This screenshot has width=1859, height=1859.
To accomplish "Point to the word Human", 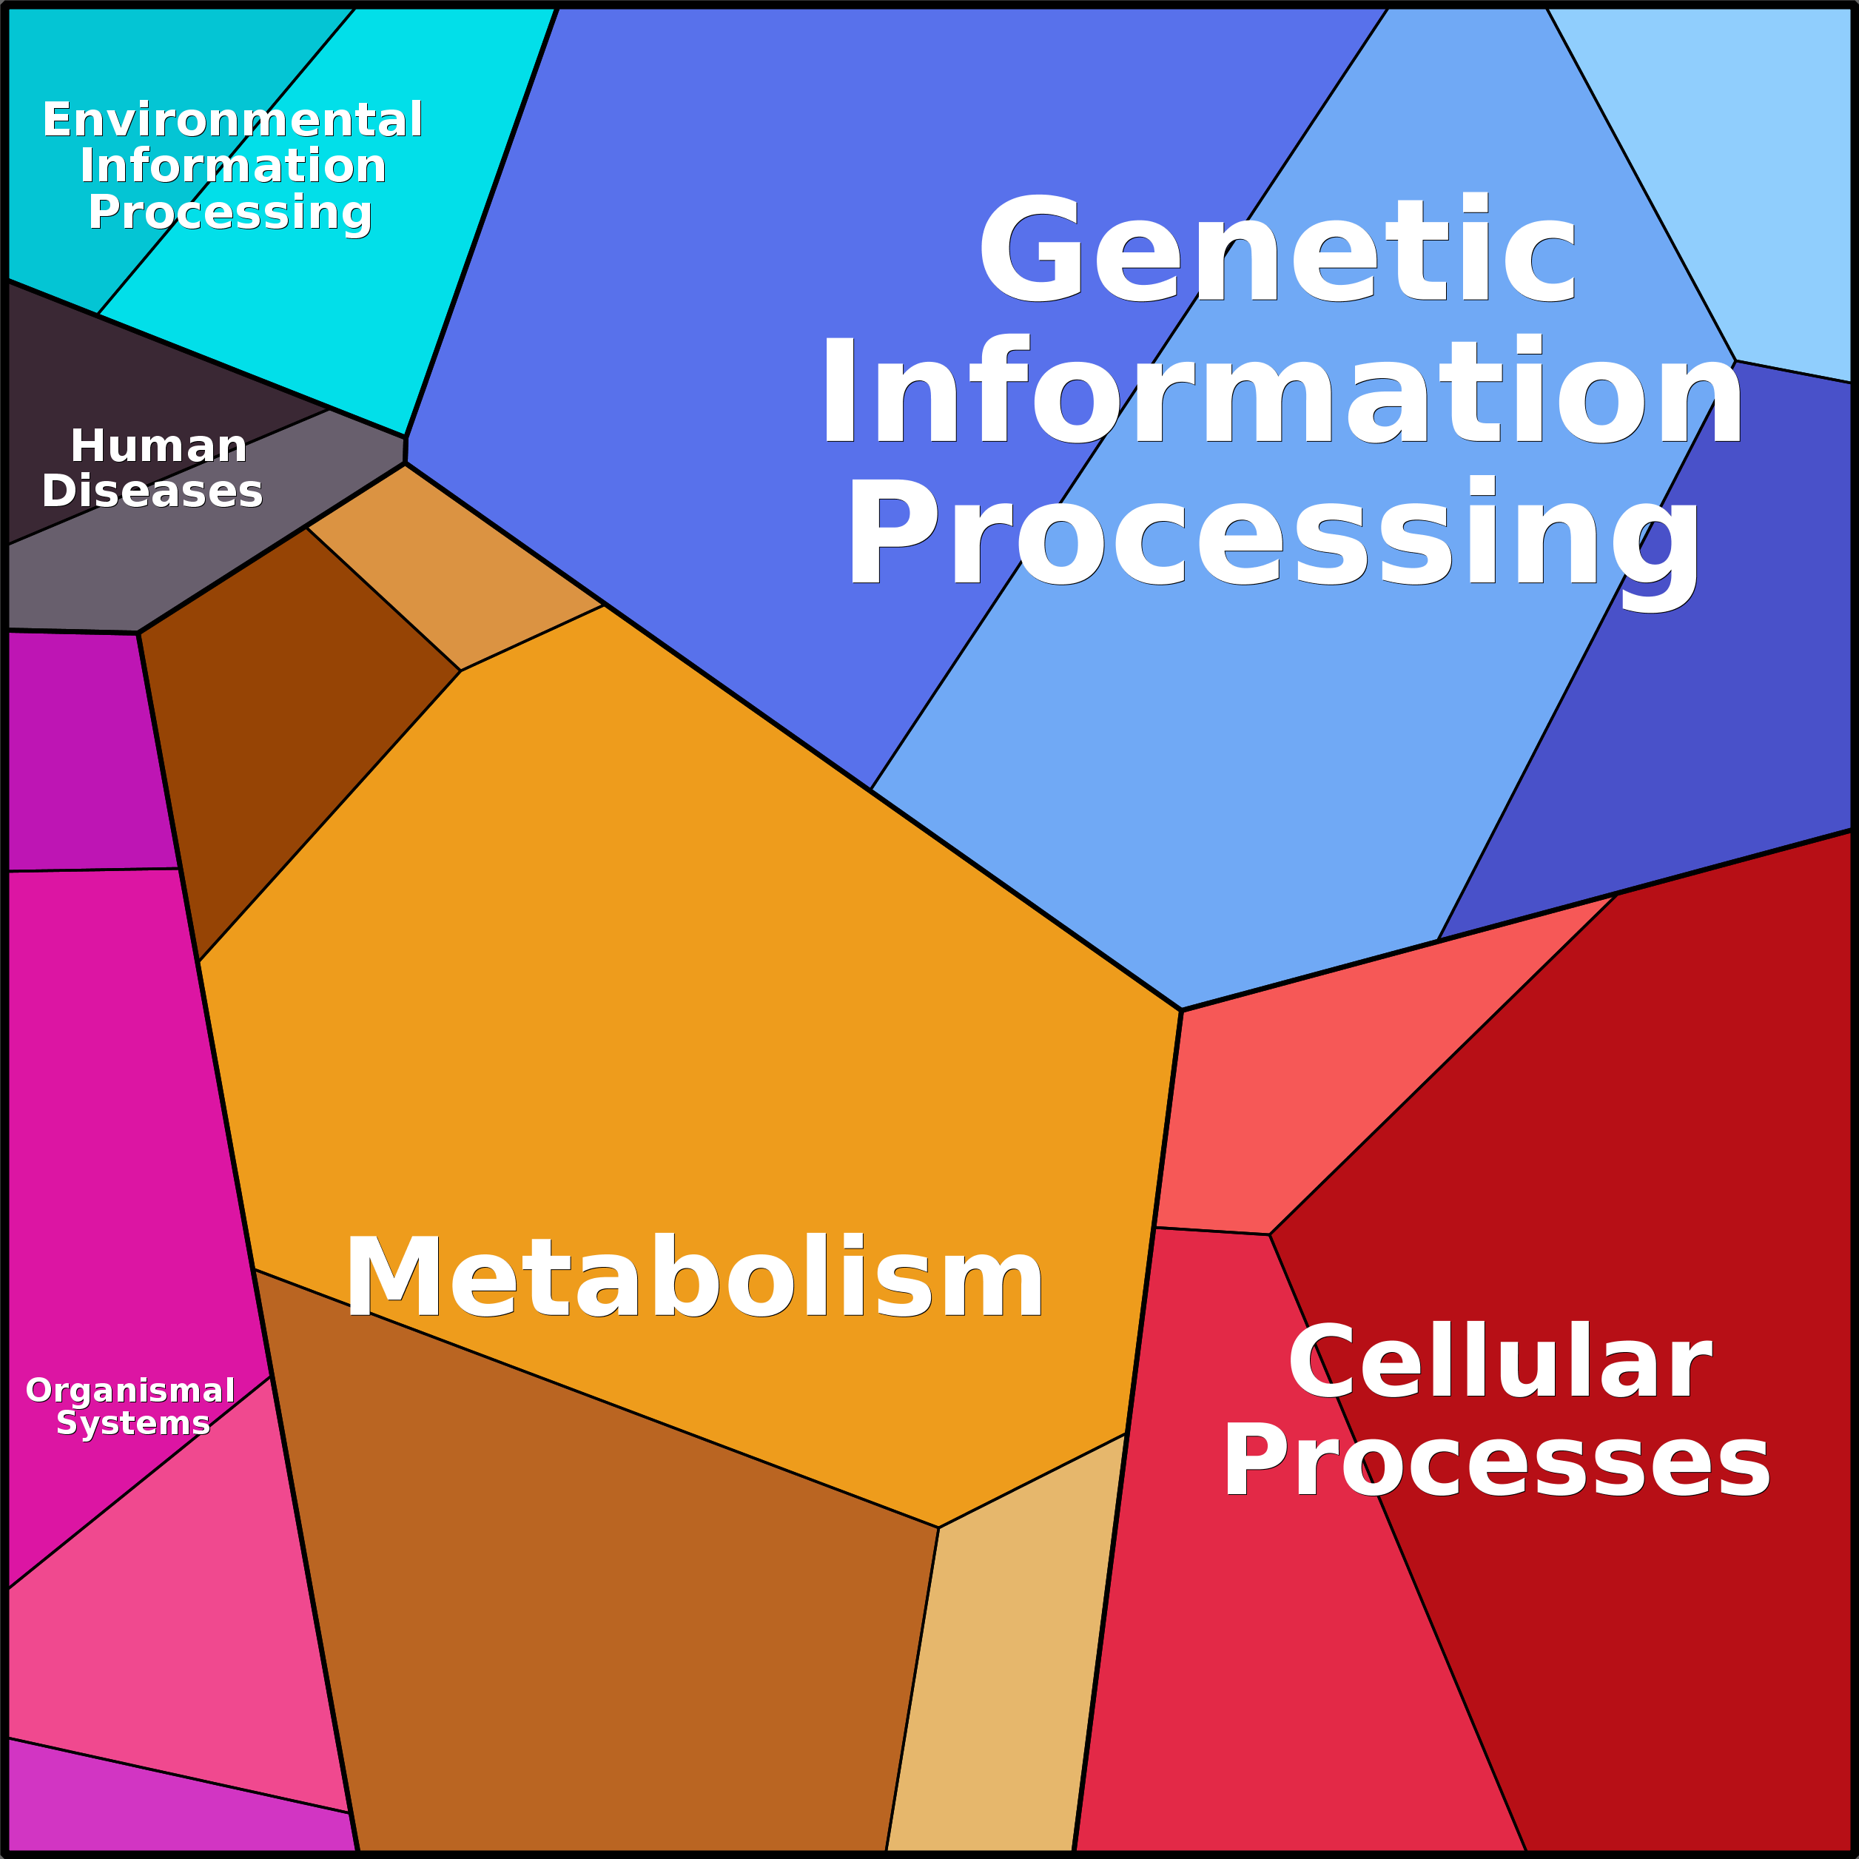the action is pyautogui.click(x=159, y=446).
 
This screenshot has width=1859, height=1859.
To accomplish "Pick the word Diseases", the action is pyautogui.click(x=152, y=491).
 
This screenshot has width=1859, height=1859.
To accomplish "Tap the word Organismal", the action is pyautogui.click(x=130, y=1391).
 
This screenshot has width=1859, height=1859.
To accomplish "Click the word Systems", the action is pyautogui.click(x=132, y=1422).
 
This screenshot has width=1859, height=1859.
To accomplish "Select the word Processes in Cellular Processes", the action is pyautogui.click(x=1496, y=1461).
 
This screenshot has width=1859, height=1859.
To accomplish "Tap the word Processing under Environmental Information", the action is pyautogui.click(x=230, y=212).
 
